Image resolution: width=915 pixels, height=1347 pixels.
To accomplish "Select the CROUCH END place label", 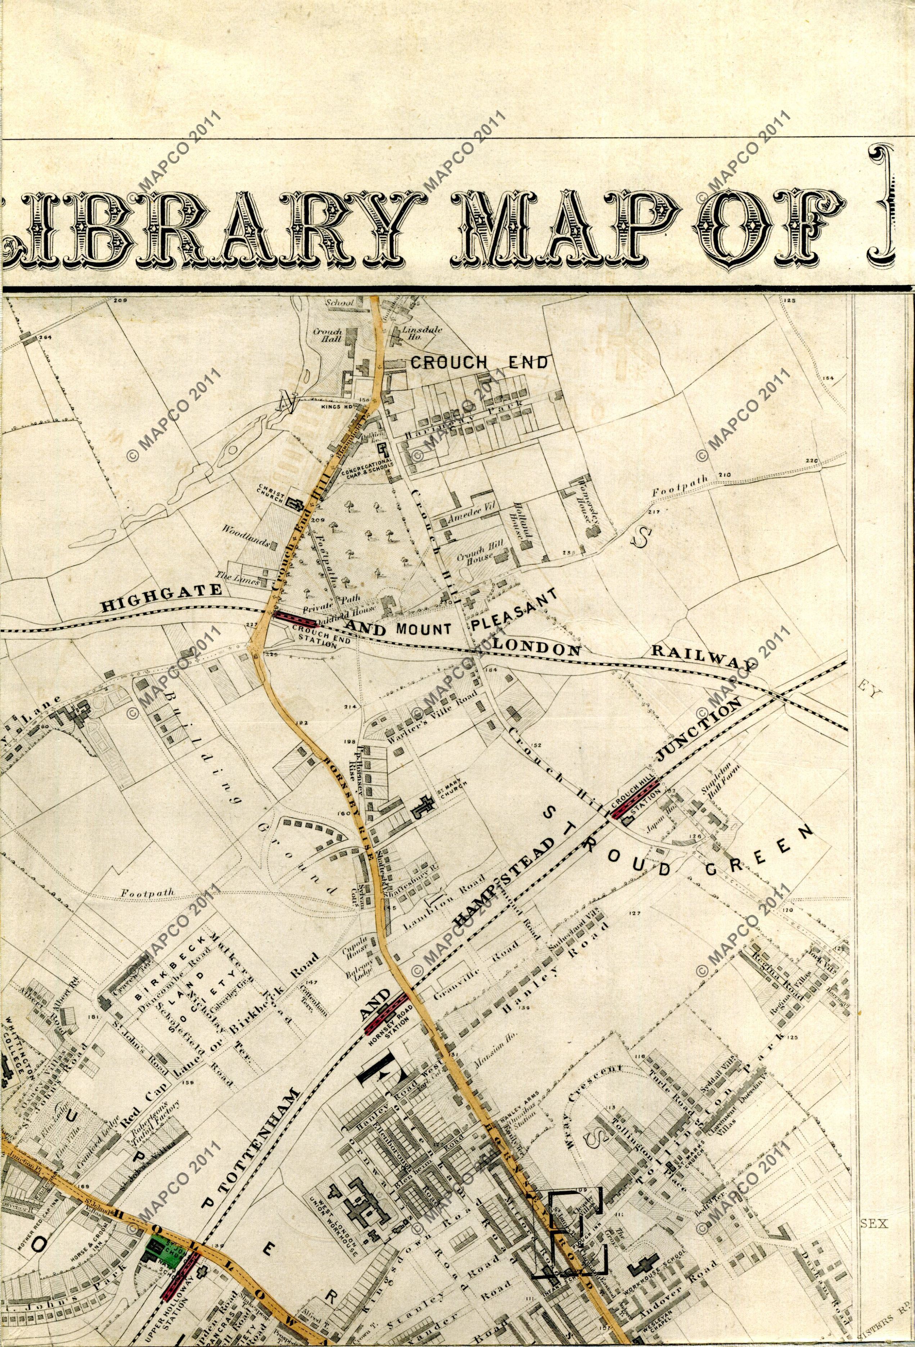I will [479, 363].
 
